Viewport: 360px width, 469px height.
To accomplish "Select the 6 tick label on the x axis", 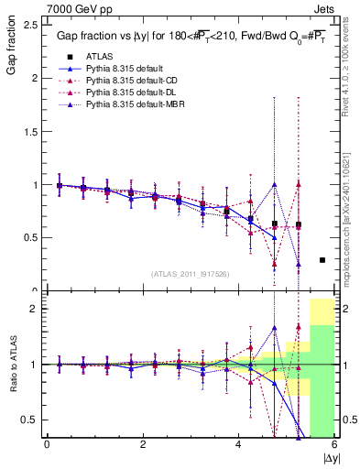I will tap(333, 444).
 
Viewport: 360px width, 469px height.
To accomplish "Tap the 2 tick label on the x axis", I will tap(142, 444).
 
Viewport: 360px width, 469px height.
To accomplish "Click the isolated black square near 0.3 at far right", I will tap(322, 260).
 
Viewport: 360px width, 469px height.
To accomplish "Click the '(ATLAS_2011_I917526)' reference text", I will tap(190, 274).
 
